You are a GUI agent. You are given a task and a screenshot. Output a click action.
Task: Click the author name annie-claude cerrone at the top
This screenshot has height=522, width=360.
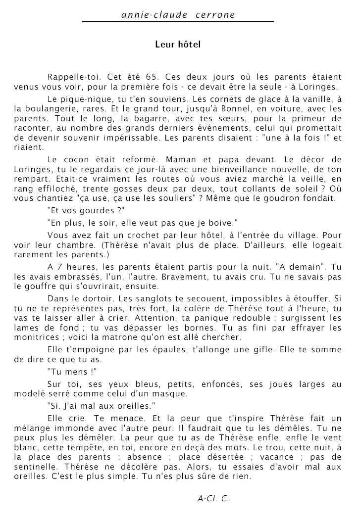(x=178, y=15)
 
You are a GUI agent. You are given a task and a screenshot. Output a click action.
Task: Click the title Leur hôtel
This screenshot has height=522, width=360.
(x=178, y=45)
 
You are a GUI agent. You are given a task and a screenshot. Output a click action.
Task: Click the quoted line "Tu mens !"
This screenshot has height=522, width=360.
(x=65, y=372)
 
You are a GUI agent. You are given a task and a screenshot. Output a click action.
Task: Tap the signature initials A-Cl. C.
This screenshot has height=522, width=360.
(x=213, y=498)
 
